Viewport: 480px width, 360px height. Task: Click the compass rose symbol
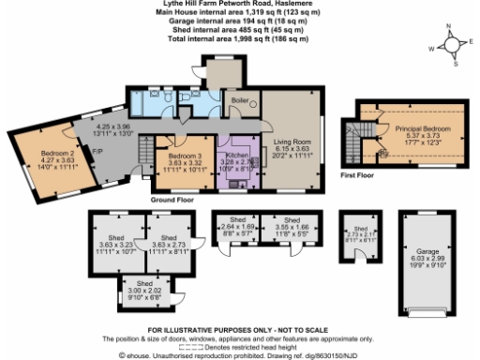[453, 44]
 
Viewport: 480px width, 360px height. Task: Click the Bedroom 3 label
[185, 157]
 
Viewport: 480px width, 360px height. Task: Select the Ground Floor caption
[172, 200]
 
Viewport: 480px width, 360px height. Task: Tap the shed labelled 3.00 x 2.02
[144, 289]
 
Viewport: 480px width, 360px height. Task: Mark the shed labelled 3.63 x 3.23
[117, 246]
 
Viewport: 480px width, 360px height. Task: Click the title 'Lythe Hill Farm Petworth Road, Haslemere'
[240, 5]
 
